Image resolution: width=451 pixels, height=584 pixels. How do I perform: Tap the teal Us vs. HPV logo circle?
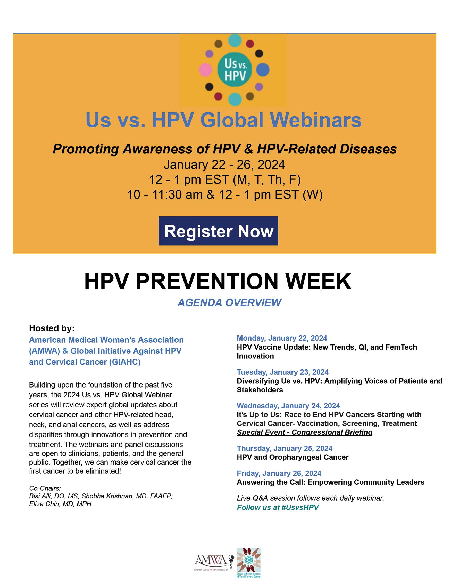pos(235,69)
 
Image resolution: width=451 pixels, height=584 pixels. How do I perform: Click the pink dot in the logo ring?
pos(205,70)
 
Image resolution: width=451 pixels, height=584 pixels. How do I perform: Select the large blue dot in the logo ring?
pos(263,70)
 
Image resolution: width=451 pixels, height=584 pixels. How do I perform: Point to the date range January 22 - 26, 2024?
pos(224,164)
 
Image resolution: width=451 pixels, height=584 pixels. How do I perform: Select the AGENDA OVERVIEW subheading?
pos(229,303)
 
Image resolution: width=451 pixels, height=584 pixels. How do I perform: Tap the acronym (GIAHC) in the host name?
pos(124,362)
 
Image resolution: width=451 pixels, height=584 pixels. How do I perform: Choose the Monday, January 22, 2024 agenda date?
pos(282,338)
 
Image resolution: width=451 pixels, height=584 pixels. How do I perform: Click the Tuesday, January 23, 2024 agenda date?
pos(282,372)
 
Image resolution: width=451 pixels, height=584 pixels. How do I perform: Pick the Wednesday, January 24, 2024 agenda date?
pos(288,406)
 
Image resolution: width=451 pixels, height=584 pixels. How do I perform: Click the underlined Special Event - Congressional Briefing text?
pos(305,432)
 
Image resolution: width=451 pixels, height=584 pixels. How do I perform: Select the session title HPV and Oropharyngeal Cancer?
pos(293,457)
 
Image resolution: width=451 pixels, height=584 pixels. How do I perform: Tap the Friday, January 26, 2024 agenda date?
pos(279,473)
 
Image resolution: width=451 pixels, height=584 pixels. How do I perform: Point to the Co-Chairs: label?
pos(45,488)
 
